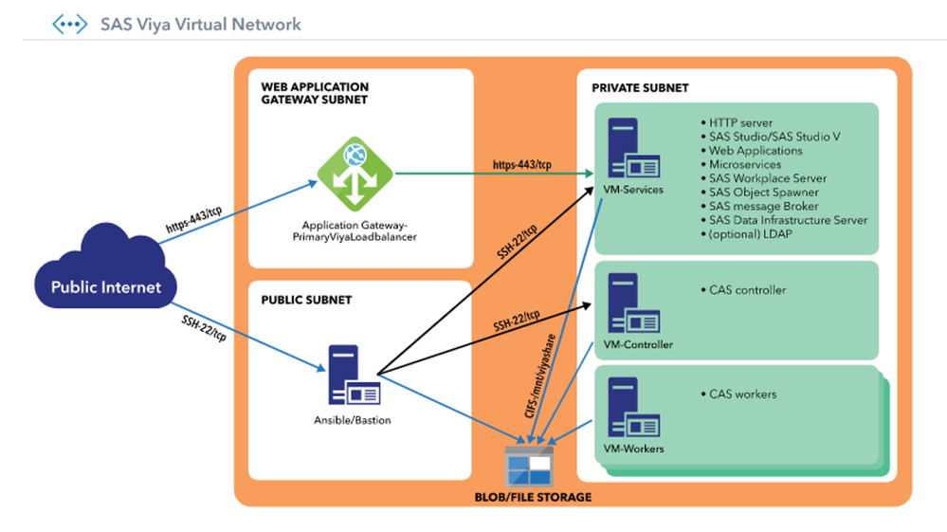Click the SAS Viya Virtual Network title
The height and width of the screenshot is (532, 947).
pos(200,24)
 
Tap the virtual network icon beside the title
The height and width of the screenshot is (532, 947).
pos(69,24)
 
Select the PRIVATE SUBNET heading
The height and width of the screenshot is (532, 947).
pos(640,88)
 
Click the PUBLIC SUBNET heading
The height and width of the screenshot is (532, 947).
pos(306,300)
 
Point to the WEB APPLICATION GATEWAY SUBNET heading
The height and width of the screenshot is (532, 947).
pos(315,93)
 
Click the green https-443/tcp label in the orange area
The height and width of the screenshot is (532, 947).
pos(521,165)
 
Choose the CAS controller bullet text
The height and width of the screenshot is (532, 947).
pos(747,289)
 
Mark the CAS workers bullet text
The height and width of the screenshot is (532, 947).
pos(742,394)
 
